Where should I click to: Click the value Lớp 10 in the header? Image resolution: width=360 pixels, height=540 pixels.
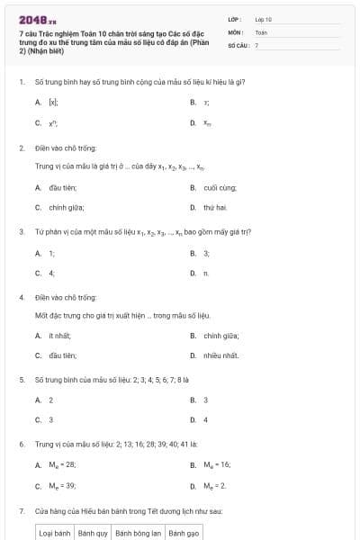tap(264, 19)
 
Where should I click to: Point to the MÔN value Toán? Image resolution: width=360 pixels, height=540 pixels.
tap(261, 31)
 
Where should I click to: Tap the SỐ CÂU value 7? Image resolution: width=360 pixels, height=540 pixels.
tap(256, 44)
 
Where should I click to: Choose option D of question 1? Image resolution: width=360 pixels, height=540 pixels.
tap(207, 122)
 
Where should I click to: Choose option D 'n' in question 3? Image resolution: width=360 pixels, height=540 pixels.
tap(206, 273)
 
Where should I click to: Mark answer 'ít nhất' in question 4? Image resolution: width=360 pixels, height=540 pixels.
tap(59, 335)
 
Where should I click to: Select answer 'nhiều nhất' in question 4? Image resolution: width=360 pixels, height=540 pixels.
tap(220, 355)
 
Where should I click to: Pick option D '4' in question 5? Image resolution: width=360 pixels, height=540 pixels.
tap(205, 419)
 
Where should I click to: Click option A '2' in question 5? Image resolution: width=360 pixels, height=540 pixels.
tap(50, 400)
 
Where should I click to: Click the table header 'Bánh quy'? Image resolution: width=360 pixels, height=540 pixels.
tap(93, 533)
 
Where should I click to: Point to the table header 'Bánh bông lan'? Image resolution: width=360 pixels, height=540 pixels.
tap(138, 533)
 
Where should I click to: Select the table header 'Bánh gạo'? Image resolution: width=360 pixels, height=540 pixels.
tap(186, 533)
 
